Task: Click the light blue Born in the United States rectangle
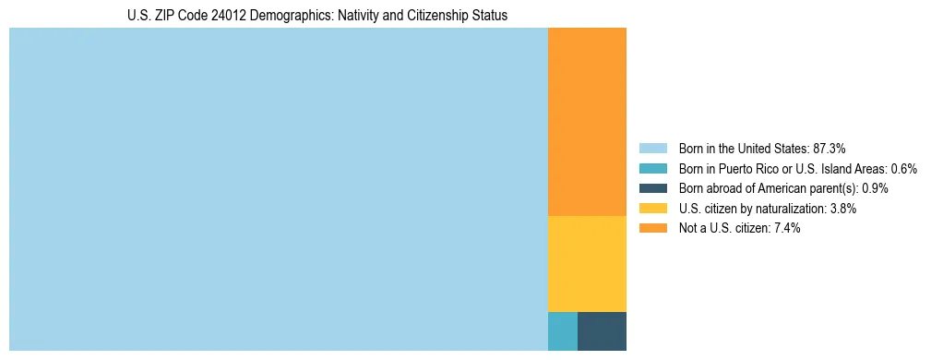pyautogui.click(x=278, y=189)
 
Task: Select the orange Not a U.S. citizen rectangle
pyautogui.click(x=587, y=122)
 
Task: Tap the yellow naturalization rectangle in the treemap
pyautogui.click(x=587, y=264)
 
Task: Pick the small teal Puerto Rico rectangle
pyautogui.click(x=562, y=331)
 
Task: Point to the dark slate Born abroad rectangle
pyautogui.click(x=602, y=331)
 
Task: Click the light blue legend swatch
pyautogui.click(x=652, y=149)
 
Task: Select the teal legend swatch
pyautogui.click(x=652, y=169)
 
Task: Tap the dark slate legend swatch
pyautogui.click(x=652, y=188)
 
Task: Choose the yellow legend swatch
pyautogui.click(x=652, y=209)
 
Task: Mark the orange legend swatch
pyautogui.click(x=652, y=229)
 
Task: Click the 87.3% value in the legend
pyautogui.click(x=830, y=149)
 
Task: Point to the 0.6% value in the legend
pyautogui.click(x=904, y=169)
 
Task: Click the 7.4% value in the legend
pyautogui.click(x=787, y=229)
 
